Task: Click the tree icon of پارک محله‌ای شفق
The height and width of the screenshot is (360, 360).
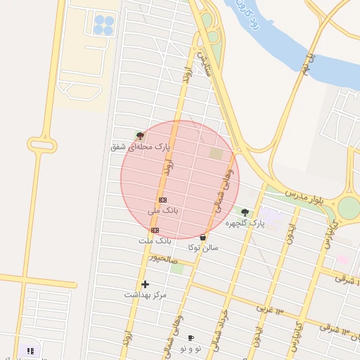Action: (x=140, y=136)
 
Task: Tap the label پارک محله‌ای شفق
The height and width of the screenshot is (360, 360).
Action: (x=141, y=147)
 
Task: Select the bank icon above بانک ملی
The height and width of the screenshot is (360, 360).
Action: (x=162, y=200)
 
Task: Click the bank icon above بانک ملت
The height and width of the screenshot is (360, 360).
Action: (x=155, y=230)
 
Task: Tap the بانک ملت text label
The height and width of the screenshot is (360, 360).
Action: (x=155, y=240)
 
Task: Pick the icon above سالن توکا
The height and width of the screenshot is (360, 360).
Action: (x=203, y=238)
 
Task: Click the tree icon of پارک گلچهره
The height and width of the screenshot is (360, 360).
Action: (x=245, y=212)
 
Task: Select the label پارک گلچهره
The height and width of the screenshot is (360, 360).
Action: (x=245, y=223)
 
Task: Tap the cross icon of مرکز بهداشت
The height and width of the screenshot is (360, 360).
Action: (x=146, y=284)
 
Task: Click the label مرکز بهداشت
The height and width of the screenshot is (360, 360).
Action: (x=146, y=295)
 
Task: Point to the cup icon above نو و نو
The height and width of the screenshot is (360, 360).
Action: (x=191, y=338)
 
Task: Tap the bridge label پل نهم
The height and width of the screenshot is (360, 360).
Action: (x=304, y=67)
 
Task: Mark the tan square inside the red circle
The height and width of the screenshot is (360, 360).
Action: (x=216, y=153)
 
